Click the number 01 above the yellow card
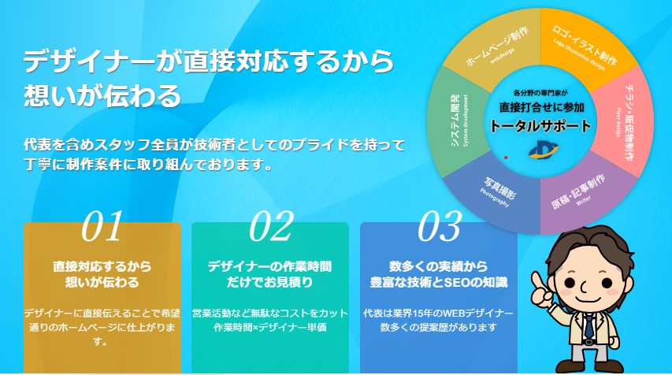(103, 226)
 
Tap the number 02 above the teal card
(271, 226)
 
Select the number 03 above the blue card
(439, 226)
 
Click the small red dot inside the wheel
(505, 158)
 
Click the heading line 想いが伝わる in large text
(102, 95)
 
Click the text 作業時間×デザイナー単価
(270, 327)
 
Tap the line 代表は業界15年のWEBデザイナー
(439, 312)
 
